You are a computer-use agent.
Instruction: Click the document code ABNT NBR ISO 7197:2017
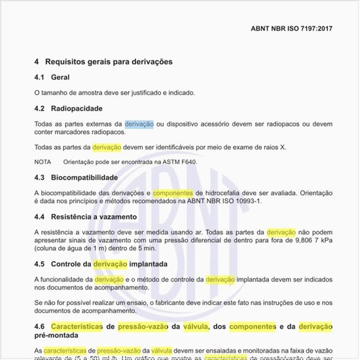pos(292,29)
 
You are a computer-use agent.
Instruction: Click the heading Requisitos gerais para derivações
pos(109,62)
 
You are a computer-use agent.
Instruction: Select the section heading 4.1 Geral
pos(52,77)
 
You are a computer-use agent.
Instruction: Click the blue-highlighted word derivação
pos(139,123)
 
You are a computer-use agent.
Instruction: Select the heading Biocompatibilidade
pos(84,177)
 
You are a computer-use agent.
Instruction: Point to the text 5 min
pos(145,248)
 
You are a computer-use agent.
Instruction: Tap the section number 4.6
pos(39,326)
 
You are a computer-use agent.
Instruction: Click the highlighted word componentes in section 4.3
pos(173,192)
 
